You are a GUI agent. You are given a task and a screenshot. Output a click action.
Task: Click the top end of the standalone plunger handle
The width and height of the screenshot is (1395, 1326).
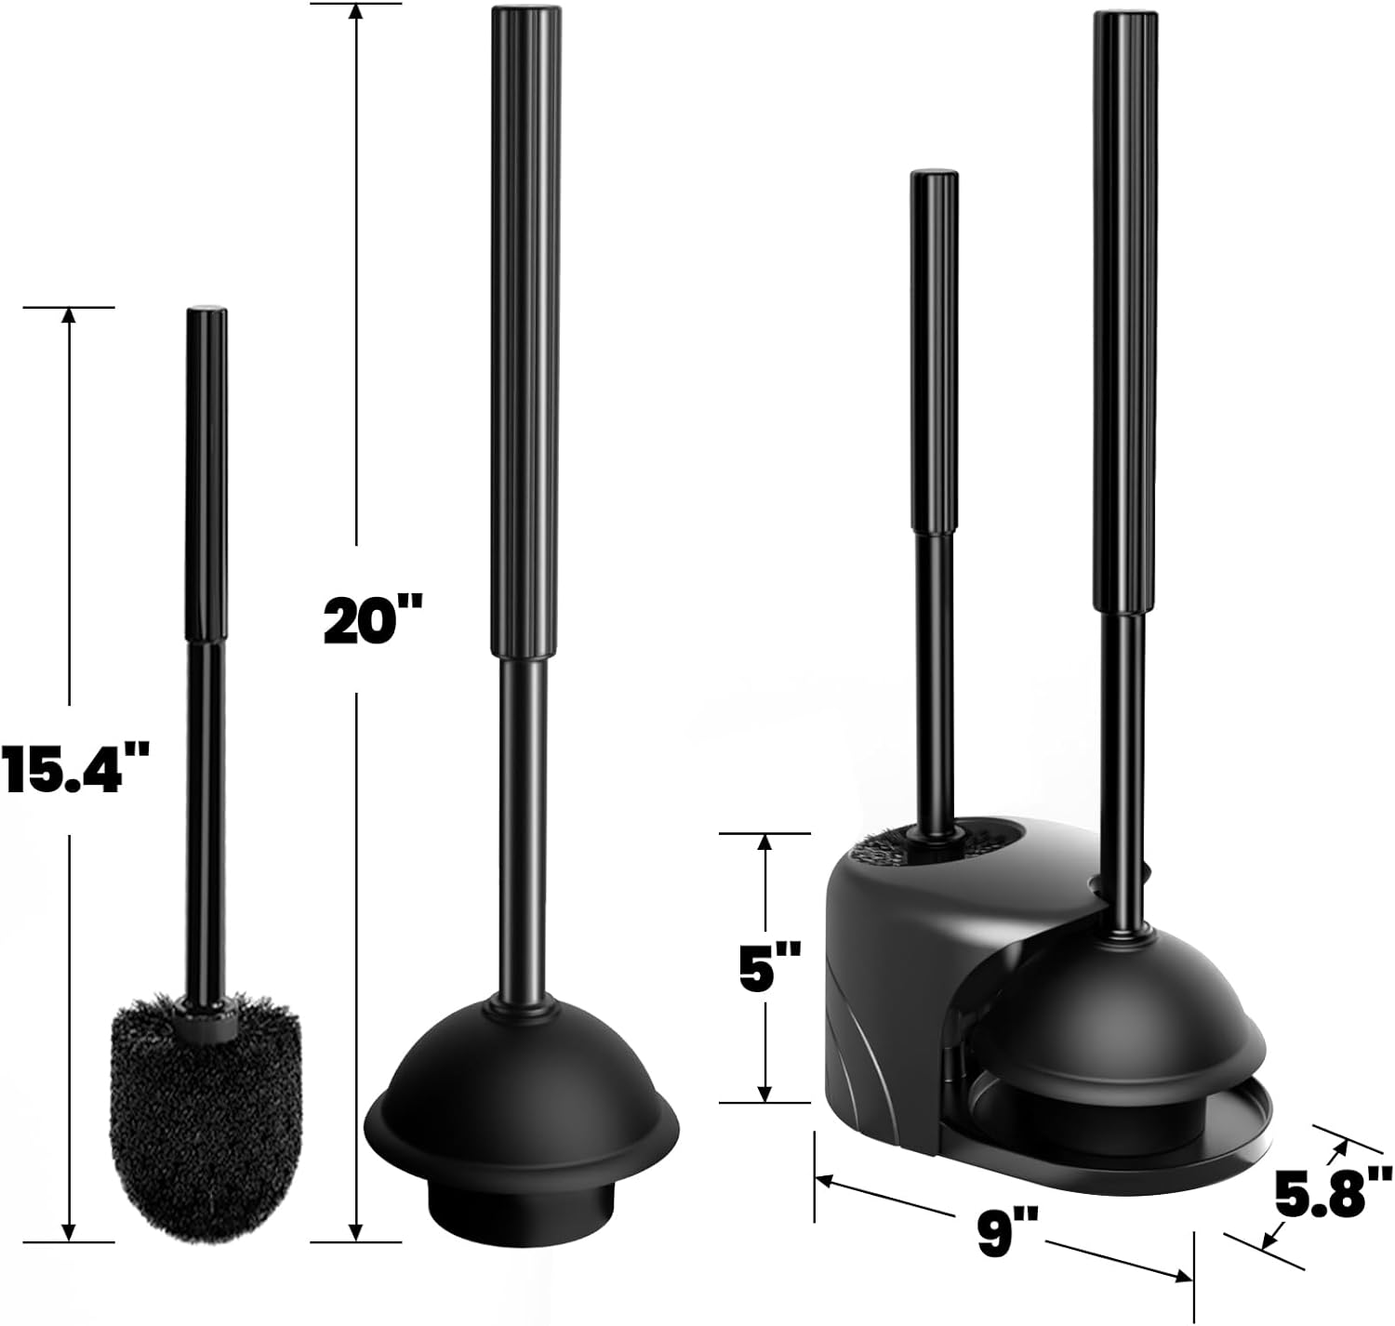[x=525, y=10]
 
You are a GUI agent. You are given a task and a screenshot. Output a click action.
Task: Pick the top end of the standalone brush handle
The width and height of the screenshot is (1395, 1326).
[x=207, y=310]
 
